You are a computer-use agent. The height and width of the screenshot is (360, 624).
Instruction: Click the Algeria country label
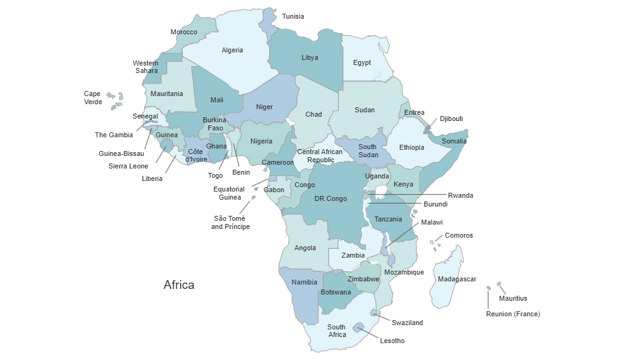(232, 51)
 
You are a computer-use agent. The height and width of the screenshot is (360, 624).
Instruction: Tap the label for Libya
(310, 58)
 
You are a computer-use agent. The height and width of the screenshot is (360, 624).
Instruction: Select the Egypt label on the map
(362, 63)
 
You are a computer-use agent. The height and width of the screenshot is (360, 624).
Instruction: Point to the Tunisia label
(293, 17)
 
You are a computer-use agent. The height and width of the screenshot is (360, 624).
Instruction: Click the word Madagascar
(457, 279)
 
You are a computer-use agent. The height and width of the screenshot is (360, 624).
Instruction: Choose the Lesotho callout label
(392, 341)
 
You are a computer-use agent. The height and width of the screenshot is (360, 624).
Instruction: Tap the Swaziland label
(407, 323)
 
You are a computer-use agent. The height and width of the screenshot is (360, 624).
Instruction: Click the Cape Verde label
(92, 98)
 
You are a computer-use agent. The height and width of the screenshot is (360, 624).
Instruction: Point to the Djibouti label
(451, 119)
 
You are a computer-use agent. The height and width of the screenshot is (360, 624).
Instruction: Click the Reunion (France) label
(513, 314)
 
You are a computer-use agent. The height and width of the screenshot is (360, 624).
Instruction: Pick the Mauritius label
(513, 299)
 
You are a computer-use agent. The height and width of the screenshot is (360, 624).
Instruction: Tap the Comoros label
(459, 236)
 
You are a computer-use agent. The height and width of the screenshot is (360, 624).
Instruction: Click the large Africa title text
(178, 285)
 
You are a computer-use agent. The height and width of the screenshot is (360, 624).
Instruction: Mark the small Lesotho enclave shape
(359, 328)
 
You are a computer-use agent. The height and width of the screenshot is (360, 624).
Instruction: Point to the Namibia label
(305, 283)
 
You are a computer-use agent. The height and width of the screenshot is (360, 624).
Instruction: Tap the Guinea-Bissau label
(121, 153)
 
